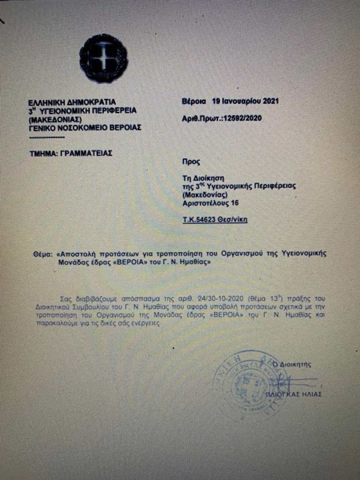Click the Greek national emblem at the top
104,58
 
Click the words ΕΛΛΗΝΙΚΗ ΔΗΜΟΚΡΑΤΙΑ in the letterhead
71,102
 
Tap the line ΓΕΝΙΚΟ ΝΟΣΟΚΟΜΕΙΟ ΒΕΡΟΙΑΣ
84,127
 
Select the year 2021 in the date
268,101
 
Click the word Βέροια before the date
194,101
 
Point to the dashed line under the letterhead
46,136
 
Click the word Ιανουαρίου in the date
239,101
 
